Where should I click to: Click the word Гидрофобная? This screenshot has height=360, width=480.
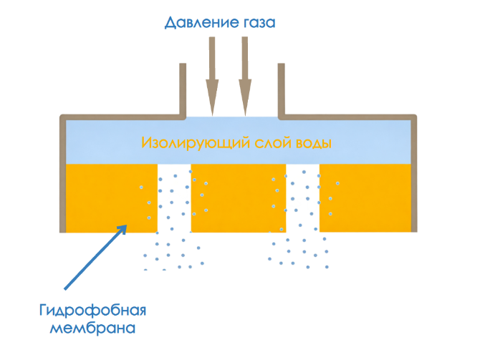[92, 312]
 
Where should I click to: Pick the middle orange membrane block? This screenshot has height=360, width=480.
[238, 198]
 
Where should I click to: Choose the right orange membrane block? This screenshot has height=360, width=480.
[366, 198]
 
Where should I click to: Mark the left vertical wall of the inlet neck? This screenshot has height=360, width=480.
[182, 89]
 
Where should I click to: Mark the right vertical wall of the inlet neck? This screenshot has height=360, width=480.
[281, 89]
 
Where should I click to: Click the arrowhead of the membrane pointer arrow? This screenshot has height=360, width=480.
[123, 228]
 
